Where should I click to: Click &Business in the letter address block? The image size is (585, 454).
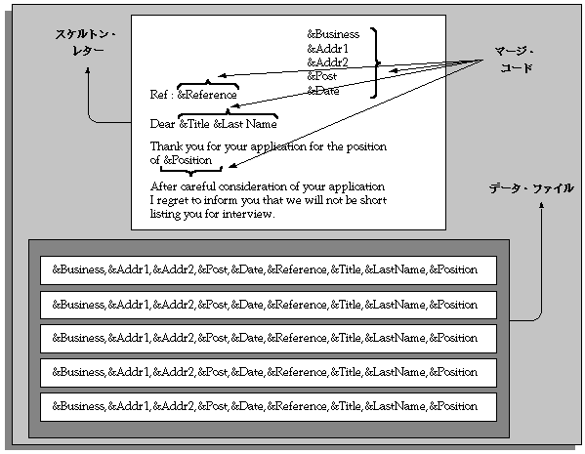point(333,34)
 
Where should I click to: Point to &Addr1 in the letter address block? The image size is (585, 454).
point(327,49)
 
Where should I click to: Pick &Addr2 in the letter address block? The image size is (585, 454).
point(327,62)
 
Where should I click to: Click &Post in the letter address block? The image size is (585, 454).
point(323,76)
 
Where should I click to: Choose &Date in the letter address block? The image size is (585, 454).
point(323,91)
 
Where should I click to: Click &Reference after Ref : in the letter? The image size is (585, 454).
point(207,95)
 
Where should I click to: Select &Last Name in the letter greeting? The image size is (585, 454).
point(245,124)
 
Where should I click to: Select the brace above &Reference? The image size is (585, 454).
point(207,83)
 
